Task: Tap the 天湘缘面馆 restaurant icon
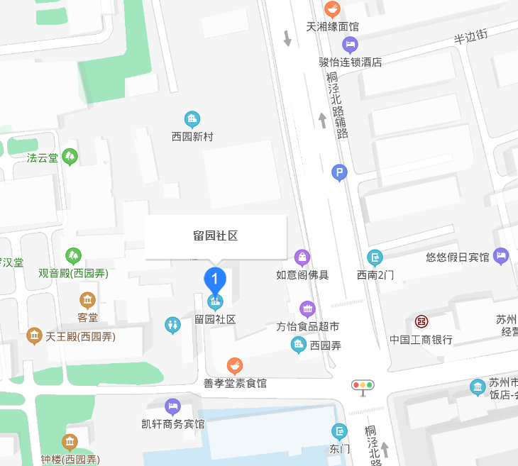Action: [x=332, y=9]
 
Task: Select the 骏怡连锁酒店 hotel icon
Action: [x=350, y=45]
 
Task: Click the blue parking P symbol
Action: [x=340, y=172]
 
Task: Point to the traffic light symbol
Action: [x=363, y=386]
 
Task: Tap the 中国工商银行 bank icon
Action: [x=421, y=322]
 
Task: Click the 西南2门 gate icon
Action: [x=375, y=257]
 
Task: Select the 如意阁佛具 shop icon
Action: [x=302, y=256]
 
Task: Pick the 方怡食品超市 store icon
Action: [x=307, y=309]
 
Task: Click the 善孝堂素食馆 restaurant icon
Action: [x=235, y=365]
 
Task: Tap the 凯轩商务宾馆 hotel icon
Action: [x=172, y=406]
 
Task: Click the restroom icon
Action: [x=172, y=325]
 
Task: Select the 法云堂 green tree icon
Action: [x=70, y=156]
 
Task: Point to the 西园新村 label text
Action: [x=192, y=136]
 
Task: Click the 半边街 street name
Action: [x=471, y=35]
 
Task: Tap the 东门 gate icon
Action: [x=341, y=431]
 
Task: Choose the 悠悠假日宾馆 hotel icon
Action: [x=501, y=255]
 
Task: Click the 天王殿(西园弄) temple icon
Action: [x=33, y=335]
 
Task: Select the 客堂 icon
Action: [x=88, y=300]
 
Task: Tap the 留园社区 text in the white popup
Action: [x=216, y=236]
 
